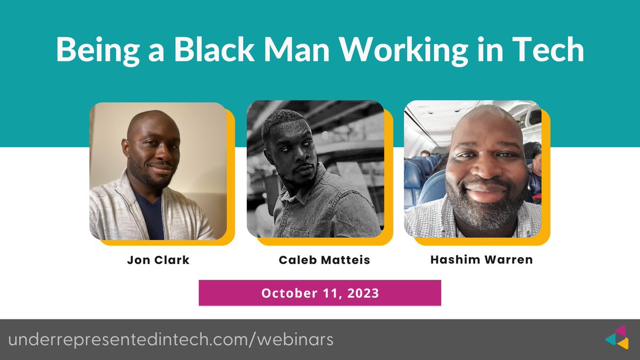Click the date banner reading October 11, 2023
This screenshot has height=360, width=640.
319,293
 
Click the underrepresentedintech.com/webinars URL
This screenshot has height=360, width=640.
171,340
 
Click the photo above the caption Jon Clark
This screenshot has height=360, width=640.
158,171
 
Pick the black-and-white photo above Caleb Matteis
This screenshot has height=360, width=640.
315,169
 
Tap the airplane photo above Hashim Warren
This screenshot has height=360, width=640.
473,169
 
